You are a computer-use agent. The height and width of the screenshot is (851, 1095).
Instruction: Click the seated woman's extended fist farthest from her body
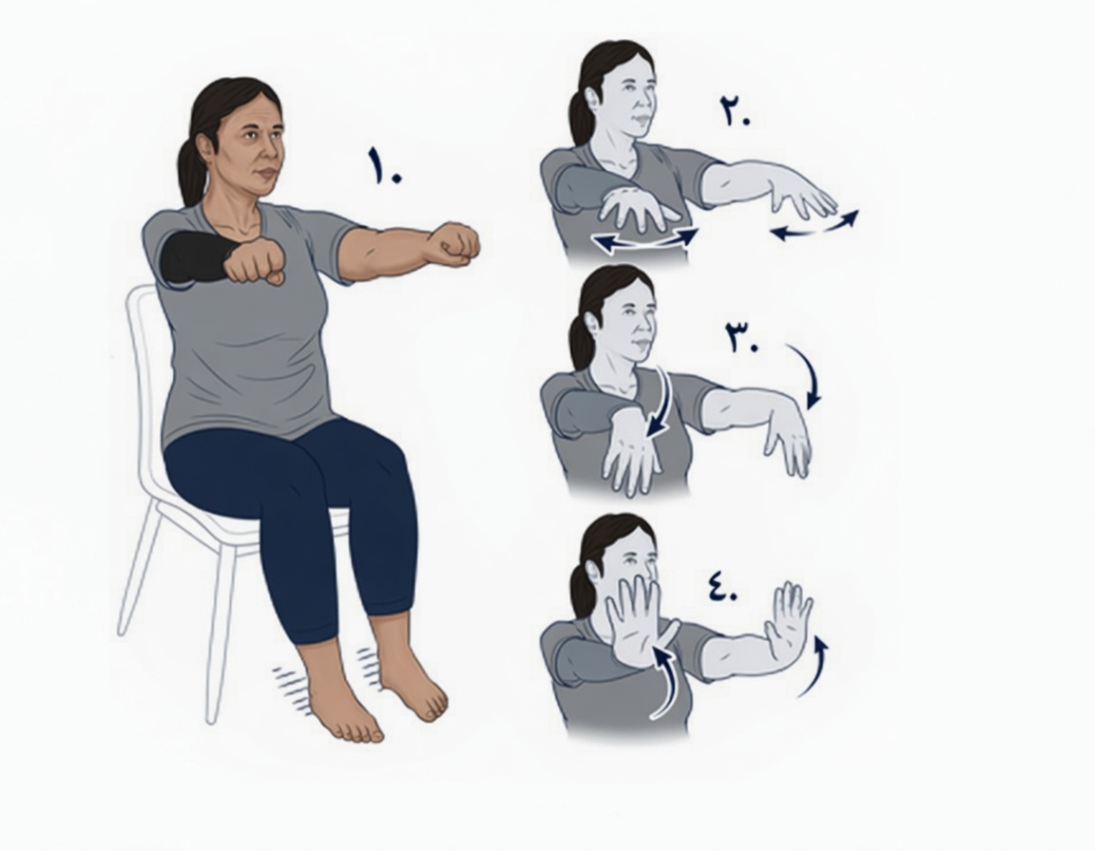[454, 244]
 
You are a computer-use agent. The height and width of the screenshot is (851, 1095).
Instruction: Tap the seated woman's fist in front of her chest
[256, 261]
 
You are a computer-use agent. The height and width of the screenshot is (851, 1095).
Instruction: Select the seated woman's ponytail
[190, 171]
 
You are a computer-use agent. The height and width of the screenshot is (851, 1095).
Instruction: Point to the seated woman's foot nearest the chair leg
[341, 697]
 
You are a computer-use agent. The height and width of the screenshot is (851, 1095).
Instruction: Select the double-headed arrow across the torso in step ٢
[646, 240]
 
